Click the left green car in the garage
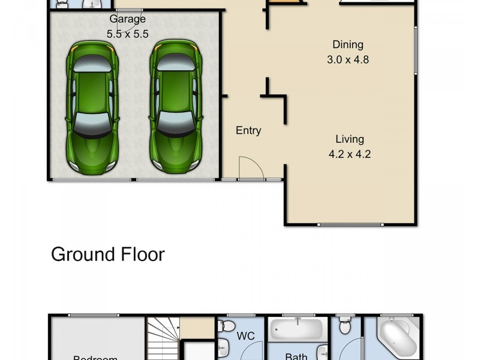click(92, 108)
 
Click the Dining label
click(349, 44)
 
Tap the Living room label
click(349, 139)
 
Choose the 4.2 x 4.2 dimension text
click(349, 154)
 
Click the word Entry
click(248, 130)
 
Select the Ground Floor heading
click(108, 254)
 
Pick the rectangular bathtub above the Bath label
click(298, 329)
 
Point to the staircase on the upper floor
click(163, 339)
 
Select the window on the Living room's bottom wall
click(350, 225)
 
